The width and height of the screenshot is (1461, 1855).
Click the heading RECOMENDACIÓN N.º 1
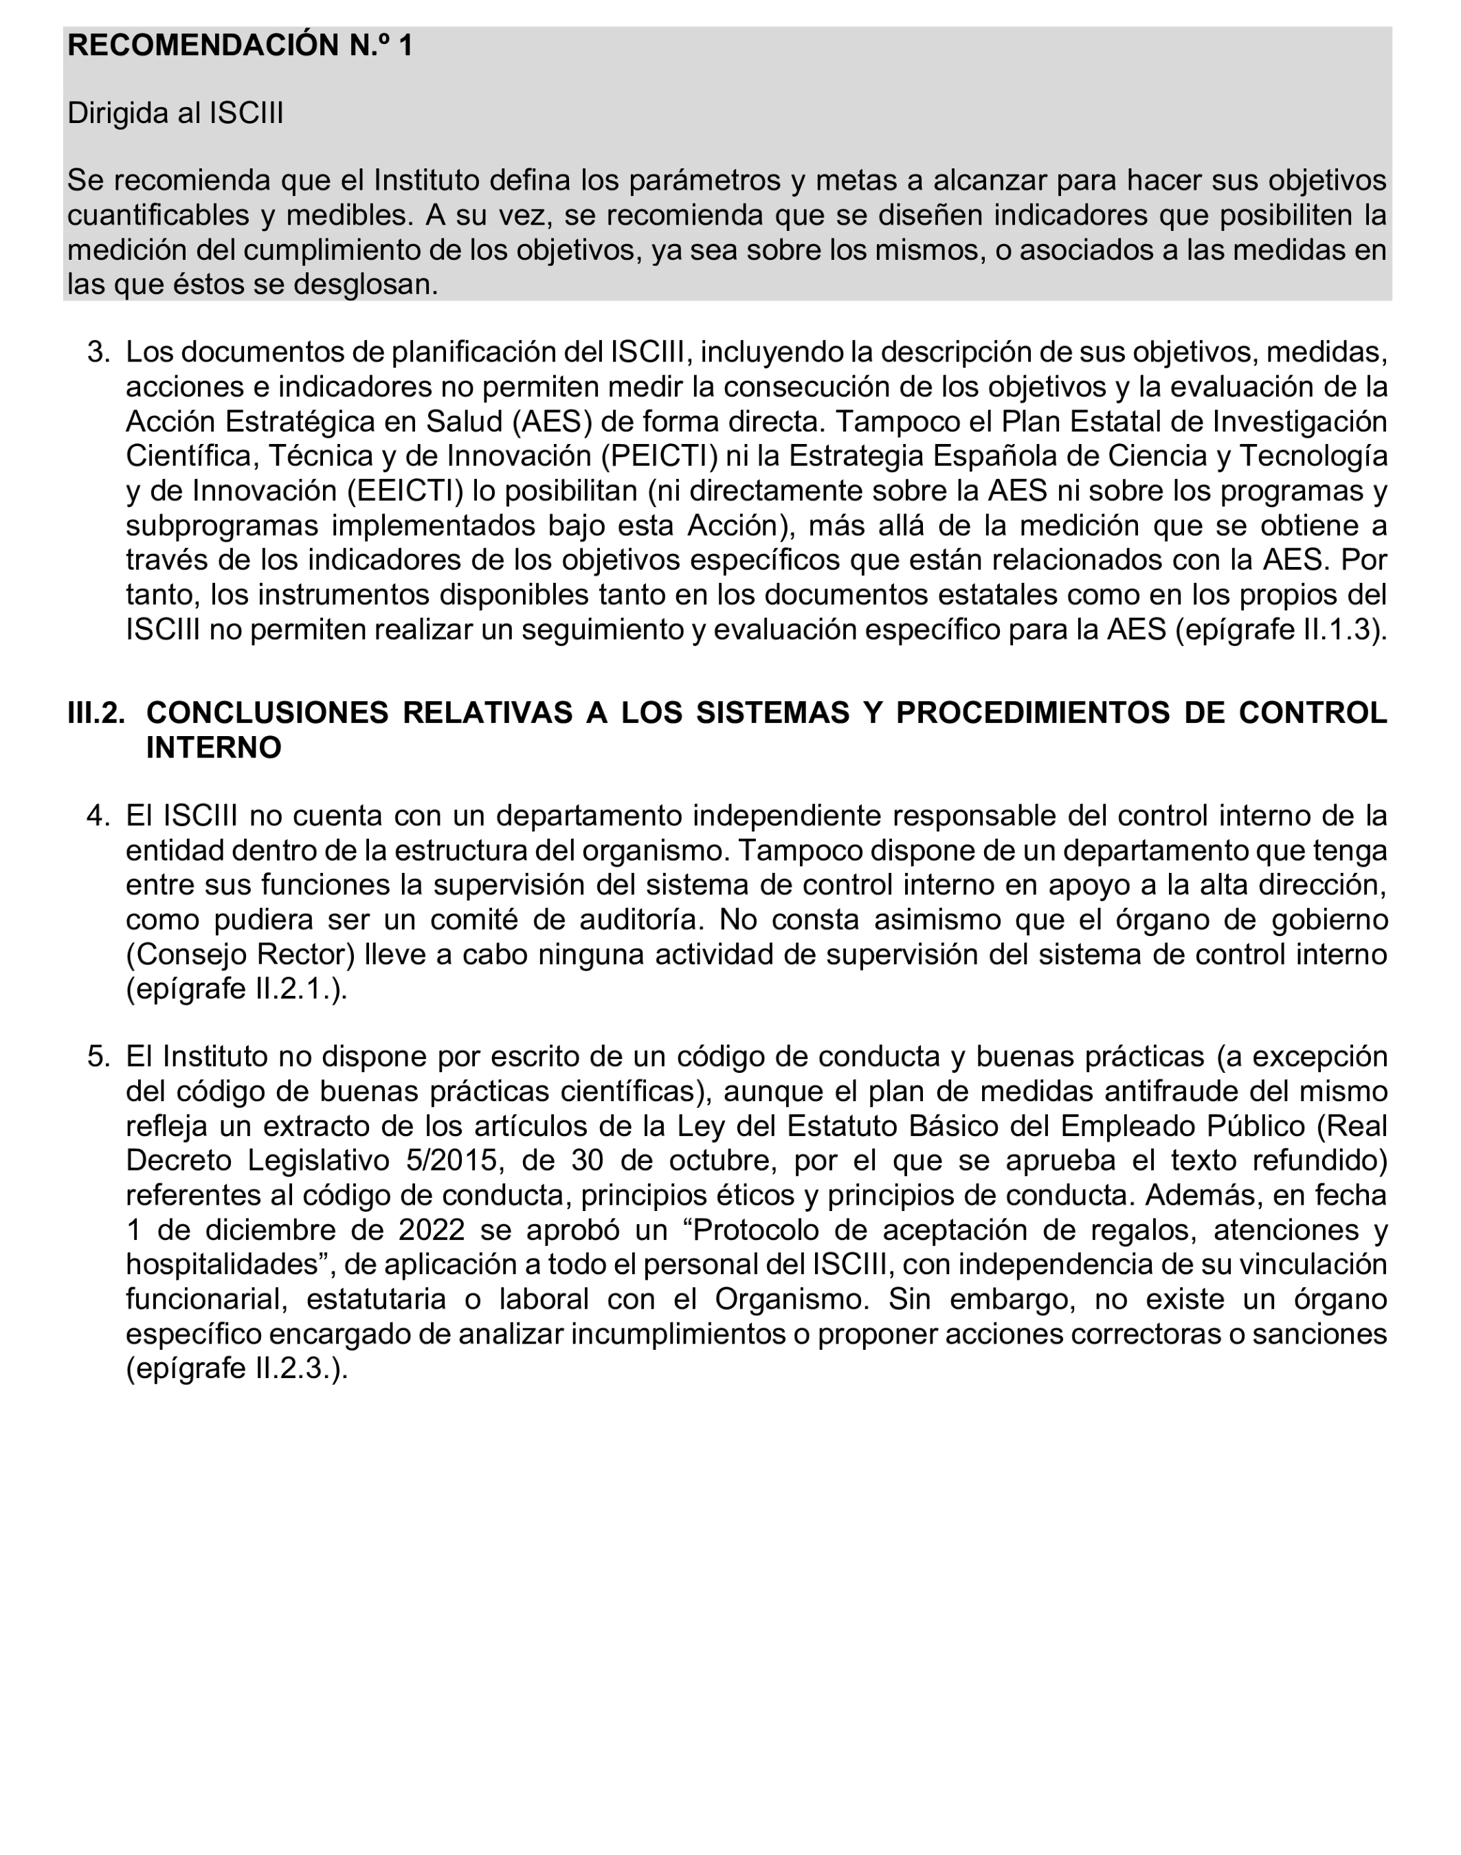pyautogui.click(x=240, y=45)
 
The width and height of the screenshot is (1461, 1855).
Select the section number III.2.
pyautogui.click(x=96, y=713)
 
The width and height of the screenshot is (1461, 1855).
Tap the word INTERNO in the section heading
pyautogui.click(x=213, y=748)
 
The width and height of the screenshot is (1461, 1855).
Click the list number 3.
pyautogui.click(x=98, y=352)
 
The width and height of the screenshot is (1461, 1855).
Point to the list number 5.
pyautogui.click(x=98, y=1056)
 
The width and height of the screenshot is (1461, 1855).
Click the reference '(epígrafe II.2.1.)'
pyautogui.click(x=237, y=989)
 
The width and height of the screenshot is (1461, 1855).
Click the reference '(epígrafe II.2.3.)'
pyautogui.click(x=237, y=1369)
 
